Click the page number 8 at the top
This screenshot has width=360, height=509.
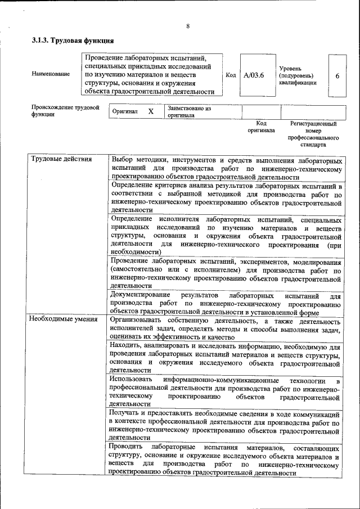tap(188, 26)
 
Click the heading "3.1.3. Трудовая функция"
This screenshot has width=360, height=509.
tap(73, 40)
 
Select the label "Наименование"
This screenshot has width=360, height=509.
tap(51, 74)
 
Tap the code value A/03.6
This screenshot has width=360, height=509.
tap(254, 75)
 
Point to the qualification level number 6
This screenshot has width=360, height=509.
tap(337, 75)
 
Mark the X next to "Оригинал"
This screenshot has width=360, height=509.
tap(151, 112)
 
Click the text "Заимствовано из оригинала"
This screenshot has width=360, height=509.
tap(188, 111)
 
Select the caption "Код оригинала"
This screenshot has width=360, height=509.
tap(261, 127)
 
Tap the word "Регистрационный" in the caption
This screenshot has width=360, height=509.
tap(313, 123)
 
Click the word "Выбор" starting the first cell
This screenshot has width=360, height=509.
tap(123, 160)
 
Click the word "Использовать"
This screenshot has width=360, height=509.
tap(131, 381)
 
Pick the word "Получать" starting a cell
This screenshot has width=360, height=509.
tap(126, 413)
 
